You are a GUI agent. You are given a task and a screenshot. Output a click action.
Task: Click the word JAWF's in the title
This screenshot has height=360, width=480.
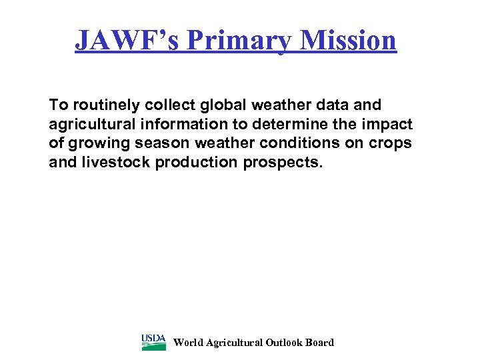pos(127,40)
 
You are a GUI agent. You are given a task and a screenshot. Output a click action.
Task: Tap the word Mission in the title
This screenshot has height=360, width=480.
pos(349,40)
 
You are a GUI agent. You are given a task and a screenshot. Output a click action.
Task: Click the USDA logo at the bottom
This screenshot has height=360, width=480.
pos(153,342)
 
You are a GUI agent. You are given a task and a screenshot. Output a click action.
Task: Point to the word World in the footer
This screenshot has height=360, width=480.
pos(188,343)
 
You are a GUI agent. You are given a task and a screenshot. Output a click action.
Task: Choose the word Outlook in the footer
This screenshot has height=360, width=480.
pos(284,343)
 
